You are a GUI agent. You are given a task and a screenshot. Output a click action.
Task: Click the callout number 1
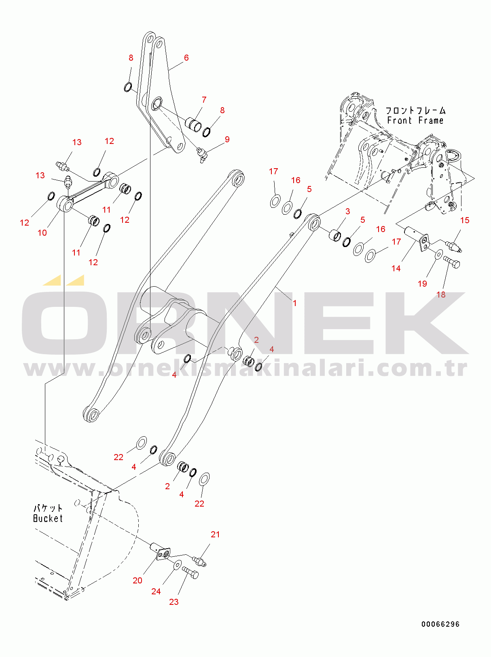[x=294, y=303]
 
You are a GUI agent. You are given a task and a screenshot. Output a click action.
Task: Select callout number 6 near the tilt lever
[x=186, y=58]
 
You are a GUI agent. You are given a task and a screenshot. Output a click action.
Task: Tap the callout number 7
[x=204, y=100]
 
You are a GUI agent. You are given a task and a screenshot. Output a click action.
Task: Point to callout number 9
[x=227, y=139]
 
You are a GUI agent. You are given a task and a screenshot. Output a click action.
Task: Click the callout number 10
[x=42, y=233]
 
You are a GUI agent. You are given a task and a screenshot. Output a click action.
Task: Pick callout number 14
[x=396, y=268]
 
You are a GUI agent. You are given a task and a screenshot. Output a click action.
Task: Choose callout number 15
[x=465, y=220]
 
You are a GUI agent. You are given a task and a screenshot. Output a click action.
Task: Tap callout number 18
[x=441, y=295]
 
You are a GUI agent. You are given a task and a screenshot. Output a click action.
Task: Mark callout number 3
[x=347, y=211]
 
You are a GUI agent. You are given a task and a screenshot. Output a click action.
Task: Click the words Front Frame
[x=415, y=120]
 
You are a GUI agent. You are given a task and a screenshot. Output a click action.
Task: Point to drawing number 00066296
[x=440, y=624]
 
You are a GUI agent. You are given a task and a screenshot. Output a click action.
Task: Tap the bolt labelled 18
[x=451, y=262]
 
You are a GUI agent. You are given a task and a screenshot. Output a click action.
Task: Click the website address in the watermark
[x=246, y=369]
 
